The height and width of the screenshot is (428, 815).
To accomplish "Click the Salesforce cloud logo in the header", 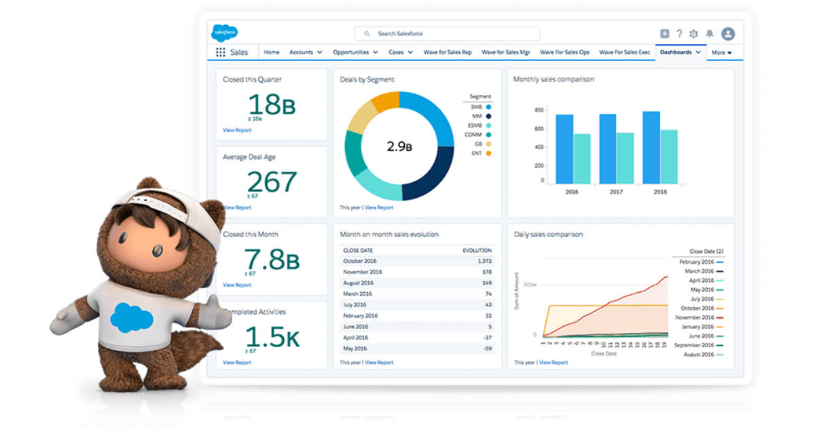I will [224, 33].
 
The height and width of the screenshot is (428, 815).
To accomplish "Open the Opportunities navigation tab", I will [355, 52].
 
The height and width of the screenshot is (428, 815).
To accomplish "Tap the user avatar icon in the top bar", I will [728, 33].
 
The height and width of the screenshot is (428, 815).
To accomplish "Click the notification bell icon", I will [710, 33].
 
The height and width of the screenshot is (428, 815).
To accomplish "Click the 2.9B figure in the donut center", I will [399, 146].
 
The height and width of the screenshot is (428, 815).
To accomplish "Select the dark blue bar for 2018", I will [651, 147].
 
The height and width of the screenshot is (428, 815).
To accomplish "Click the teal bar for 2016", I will [582, 158].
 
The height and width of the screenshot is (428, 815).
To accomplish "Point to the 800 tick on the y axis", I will [539, 110].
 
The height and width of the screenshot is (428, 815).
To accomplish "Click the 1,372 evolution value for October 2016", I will [484, 261].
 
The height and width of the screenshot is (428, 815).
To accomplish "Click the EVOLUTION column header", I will [477, 250].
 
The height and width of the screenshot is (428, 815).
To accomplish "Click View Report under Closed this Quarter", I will [237, 130].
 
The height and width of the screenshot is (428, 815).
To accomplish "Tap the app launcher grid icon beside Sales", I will [220, 52].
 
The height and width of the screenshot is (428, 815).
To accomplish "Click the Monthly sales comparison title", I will [554, 79].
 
